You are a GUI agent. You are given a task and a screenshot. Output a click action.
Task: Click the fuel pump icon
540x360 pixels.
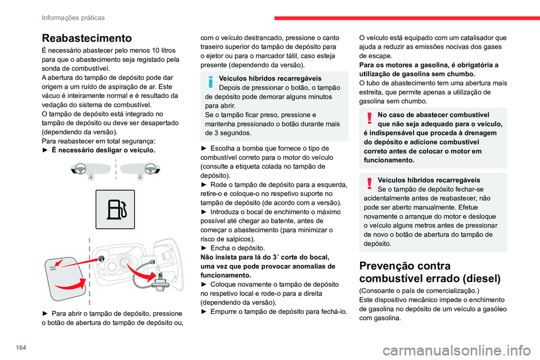(115, 209)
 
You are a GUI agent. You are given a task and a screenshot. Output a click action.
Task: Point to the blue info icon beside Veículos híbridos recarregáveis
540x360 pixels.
(210, 83)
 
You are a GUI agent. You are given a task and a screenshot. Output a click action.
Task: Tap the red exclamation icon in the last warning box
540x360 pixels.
(368, 184)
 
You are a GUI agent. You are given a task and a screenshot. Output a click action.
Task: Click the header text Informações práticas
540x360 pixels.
(73, 17)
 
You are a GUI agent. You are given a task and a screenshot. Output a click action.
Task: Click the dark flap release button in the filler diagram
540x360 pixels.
(102, 258)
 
